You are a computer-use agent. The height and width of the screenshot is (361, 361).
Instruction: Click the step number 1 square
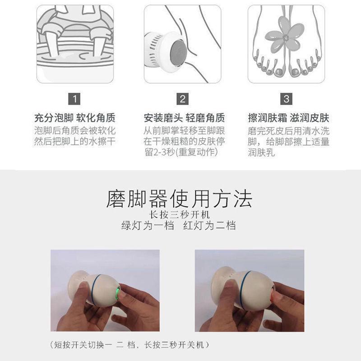75,98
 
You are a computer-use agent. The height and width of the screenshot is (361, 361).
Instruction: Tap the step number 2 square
182,98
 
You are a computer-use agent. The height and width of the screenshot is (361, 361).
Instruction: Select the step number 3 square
286,98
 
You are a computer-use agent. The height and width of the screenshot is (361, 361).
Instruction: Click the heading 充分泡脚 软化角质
75,119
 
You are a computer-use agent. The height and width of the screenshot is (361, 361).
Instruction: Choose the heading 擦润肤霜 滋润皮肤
288,119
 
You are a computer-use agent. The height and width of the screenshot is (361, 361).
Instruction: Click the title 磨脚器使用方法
179,199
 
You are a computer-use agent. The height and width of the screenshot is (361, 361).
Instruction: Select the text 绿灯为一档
148,226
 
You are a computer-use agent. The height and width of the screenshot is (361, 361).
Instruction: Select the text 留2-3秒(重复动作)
180,153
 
